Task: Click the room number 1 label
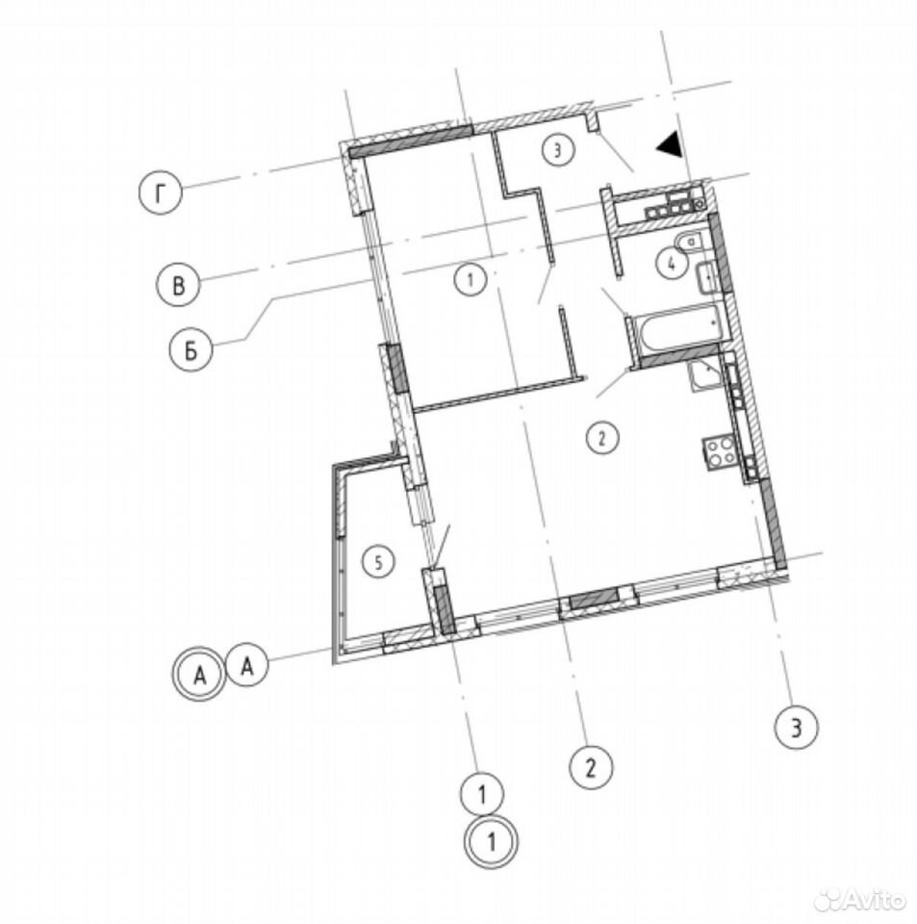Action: pos(471,279)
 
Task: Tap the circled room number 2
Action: pos(602,438)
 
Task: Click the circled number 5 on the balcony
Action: pos(378,562)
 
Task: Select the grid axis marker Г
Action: pos(161,193)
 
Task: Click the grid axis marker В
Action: pos(178,285)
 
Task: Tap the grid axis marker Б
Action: pos(191,350)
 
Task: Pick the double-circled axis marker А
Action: pos(199,675)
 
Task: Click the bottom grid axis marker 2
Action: pos(591,768)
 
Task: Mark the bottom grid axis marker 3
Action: pos(797,729)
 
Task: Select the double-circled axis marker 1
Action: pos(491,841)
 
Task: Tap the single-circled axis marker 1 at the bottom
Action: pos(482,794)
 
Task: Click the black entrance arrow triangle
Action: pos(671,144)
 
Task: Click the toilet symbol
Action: pos(689,243)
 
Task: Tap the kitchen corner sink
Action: pos(704,374)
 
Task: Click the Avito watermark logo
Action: pos(860,900)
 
